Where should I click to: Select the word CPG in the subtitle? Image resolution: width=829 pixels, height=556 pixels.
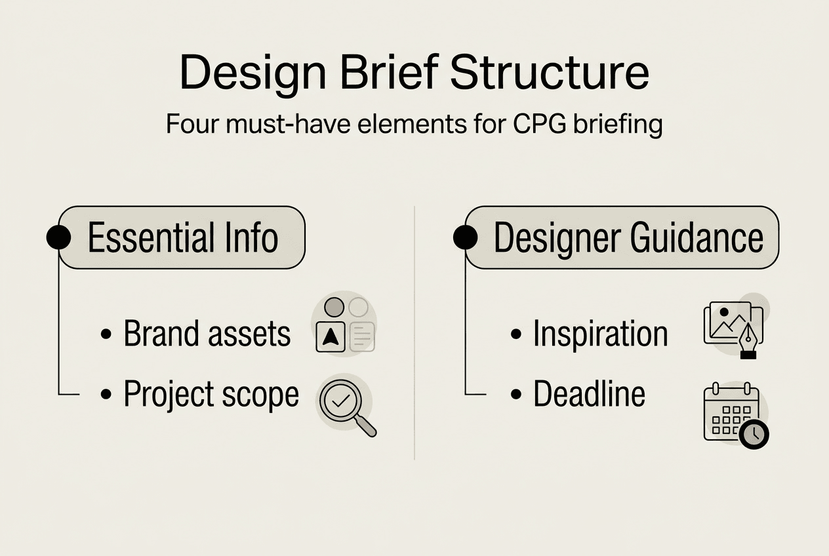coord(540,124)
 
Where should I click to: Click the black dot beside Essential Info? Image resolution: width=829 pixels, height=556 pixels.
coord(58,237)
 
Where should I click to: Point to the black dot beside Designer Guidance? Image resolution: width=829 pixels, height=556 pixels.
coord(465,237)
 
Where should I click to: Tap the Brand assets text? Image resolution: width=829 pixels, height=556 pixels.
coord(207,334)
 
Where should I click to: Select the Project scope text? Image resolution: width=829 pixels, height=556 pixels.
coord(211,394)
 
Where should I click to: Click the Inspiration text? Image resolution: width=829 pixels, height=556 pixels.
coord(601,334)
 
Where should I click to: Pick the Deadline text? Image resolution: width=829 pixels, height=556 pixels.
coord(589,393)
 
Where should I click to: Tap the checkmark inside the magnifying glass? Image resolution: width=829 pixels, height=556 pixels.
coord(341,401)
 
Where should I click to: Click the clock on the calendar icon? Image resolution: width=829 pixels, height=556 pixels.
coord(754,434)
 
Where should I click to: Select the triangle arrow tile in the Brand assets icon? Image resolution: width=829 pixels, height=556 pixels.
coord(331,336)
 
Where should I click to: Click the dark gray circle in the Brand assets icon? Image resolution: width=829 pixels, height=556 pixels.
coord(334,307)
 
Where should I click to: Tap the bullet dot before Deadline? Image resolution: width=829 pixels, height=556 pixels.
coord(516,394)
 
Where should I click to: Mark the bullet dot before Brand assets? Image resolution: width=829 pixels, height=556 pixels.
coord(106,334)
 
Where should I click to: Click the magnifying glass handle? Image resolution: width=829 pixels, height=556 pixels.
coord(367,427)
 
